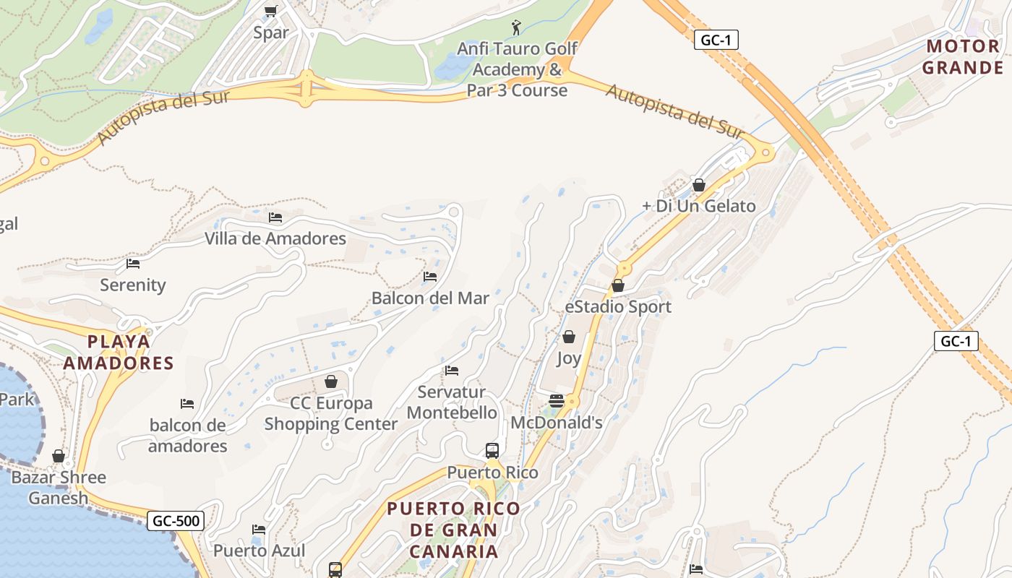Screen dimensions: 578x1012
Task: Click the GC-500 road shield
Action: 176,520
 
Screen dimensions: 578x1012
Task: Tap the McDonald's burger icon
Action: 557,400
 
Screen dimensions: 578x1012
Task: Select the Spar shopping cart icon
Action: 271,10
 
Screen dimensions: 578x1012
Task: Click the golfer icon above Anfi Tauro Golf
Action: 515,27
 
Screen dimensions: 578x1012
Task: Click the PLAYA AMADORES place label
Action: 119,352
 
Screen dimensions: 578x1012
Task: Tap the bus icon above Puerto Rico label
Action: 492,450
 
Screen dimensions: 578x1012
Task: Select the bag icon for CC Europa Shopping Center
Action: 331,381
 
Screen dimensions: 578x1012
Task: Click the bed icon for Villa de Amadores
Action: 275,216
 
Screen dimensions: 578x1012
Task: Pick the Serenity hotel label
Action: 133,285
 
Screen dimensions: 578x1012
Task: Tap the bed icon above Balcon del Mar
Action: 430,276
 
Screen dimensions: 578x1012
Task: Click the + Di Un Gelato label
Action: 698,206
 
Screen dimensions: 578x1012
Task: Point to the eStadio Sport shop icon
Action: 618,285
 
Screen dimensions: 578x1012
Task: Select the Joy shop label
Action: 569,358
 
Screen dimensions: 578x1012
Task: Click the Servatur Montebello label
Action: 452,402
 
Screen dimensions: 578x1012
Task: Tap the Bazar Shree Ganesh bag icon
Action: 59,456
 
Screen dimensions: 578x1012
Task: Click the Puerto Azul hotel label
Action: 259,551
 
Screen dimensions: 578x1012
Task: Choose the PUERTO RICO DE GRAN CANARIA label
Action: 454,530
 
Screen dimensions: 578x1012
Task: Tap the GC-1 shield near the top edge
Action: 716,40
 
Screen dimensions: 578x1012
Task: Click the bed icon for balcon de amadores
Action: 187,403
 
